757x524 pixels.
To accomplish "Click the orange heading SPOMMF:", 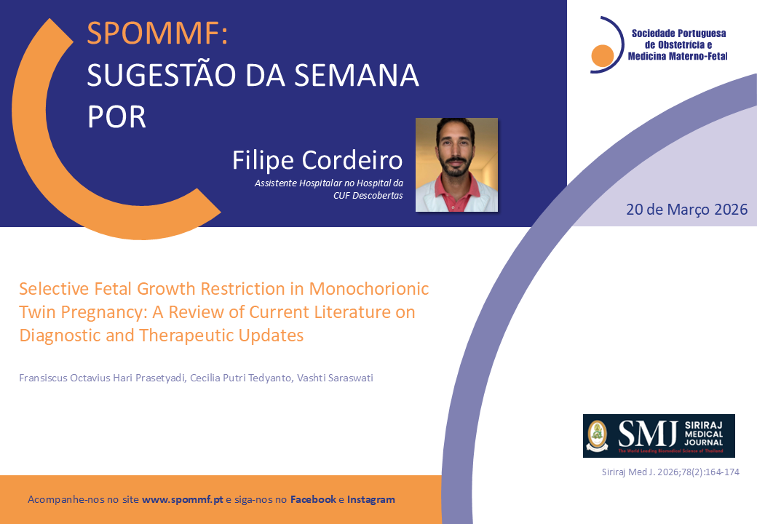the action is pos(157,33).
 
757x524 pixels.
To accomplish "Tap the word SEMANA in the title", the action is pos(356,75).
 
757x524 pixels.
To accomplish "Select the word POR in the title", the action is pos(116,116).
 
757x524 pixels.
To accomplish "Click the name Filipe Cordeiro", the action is pos(317,159).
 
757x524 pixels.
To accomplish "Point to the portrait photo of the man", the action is pos(456,164).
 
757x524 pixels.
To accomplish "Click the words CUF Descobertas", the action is pos(368,196).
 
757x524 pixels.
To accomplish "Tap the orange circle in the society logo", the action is pos(602,55).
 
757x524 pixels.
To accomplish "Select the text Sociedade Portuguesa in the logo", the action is pos(679,33).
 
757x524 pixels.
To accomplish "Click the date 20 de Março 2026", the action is pos(686,210).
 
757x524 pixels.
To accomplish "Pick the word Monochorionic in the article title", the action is pos(369,288).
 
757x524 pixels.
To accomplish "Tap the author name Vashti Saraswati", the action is pos(335,378).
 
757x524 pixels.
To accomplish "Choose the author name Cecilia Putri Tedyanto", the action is pos(241,378).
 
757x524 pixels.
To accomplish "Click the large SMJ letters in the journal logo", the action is pos(647,434).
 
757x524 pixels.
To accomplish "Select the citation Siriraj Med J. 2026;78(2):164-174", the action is pos(670,472).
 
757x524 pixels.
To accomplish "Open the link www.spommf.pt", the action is pos(183,499).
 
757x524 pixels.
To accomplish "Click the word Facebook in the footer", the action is pos(313,499).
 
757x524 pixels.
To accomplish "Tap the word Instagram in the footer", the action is pos(370,499).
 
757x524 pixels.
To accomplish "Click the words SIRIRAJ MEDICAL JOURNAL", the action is pos(703,433).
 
